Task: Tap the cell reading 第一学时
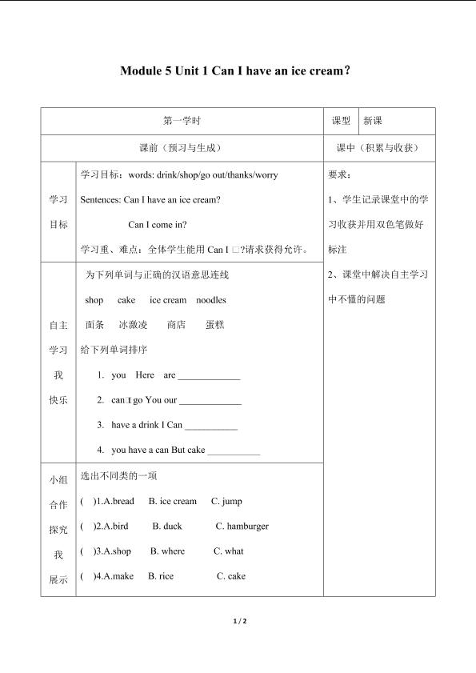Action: click(x=182, y=121)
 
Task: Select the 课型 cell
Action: click(x=341, y=121)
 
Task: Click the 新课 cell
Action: click(x=373, y=121)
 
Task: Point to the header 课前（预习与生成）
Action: click(x=182, y=148)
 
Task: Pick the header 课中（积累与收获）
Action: click(x=379, y=148)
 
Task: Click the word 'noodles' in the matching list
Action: click(x=211, y=300)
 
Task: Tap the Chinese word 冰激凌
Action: click(x=133, y=325)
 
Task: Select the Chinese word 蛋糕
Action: click(x=214, y=325)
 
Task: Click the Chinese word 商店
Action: click(x=176, y=325)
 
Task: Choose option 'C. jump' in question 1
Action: click(x=226, y=502)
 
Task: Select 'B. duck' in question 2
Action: click(x=167, y=527)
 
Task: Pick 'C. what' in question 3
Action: click(x=229, y=551)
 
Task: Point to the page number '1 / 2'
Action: click(x=238, y=622)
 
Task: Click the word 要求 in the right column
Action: click(x=339, y=174)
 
